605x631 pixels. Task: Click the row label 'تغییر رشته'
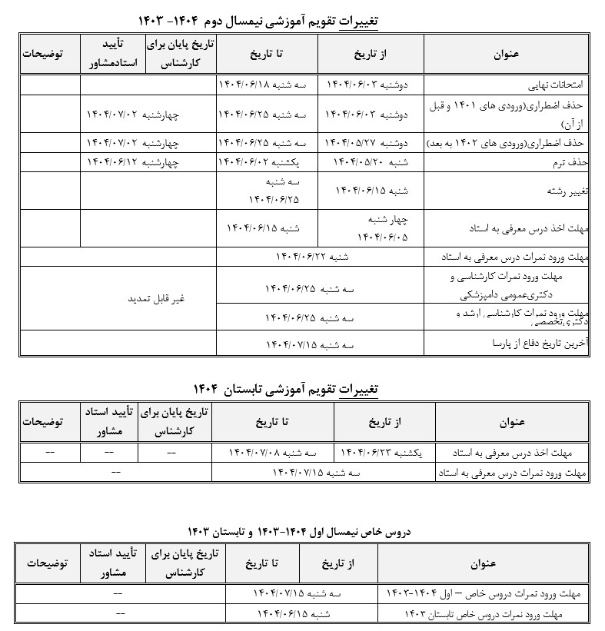[567, 190]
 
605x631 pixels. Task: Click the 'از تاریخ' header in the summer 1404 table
[384, 422]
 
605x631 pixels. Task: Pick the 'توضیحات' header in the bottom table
[43, 563]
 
